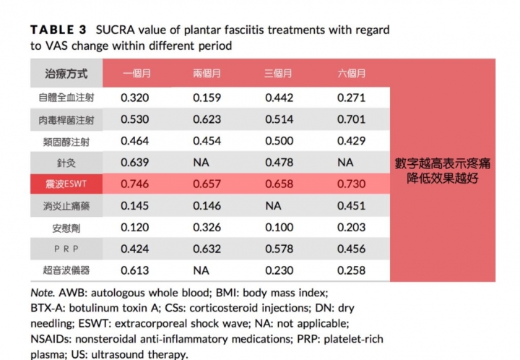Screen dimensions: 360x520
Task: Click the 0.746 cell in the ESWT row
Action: [135, 184]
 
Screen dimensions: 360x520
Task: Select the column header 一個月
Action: [136, 73]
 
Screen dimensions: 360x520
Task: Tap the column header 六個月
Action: [352, 73]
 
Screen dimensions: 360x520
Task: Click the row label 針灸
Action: [66, 163]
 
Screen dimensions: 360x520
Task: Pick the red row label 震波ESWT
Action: [66, 184]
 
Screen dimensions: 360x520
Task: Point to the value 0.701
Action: [352, 118]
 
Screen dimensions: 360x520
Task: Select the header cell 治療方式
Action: [66, 73]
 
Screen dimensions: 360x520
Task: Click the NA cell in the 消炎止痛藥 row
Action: [273, 207]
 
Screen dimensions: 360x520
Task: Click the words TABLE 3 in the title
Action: [58, 30]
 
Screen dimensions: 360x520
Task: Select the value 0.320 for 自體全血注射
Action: [135, 95]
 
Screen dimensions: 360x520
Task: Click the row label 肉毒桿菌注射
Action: [66, 118]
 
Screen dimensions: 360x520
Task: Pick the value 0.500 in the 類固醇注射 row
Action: [279, 140]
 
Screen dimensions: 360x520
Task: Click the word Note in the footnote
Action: [43, 293]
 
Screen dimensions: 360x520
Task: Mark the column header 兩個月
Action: [207, 73]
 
